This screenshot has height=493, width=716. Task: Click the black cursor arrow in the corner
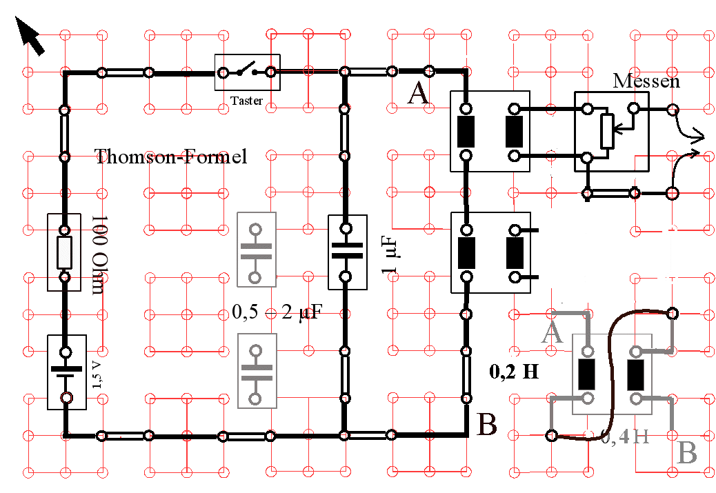(30, 36)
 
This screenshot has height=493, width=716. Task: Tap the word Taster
(246, 101)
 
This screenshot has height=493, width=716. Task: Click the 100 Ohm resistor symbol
(65, 253)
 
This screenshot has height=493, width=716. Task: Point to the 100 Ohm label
(97, 254)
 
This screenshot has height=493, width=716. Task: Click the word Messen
(646, 81)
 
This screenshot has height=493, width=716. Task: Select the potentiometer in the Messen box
(607, 132)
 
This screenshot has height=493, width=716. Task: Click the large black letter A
(419, 92)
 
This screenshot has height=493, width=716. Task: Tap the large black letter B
(487, 425)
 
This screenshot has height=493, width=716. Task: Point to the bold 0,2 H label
(514, 372)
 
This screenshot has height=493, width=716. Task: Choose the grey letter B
(688, 454)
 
